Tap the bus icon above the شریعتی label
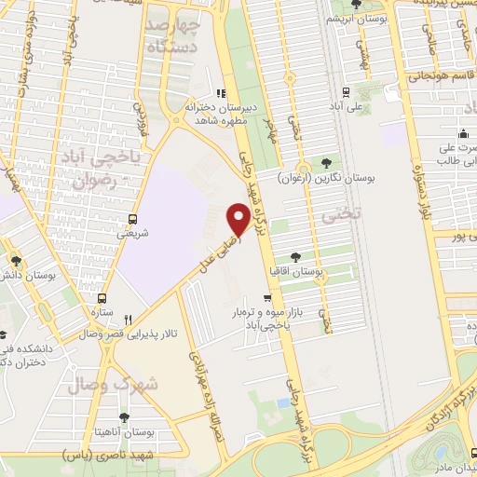[x=134, y=221]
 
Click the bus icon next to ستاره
[x=102, y=300]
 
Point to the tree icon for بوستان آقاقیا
[x=295, y=256]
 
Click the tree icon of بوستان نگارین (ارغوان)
[x=325, y=162]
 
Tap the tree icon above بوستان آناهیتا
[x=124, y=416]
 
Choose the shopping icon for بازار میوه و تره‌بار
[x=268, y=299]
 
